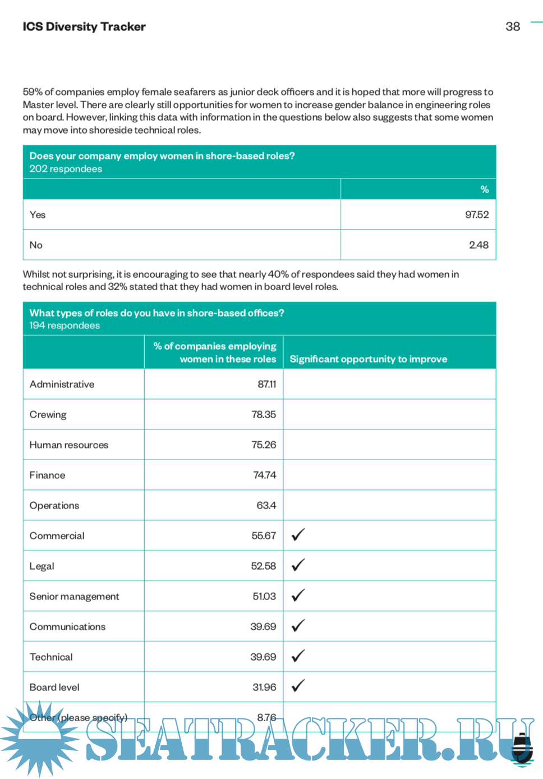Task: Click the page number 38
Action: click(513, 26)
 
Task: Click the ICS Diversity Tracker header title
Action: click(84, 26)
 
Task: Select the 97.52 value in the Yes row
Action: click(477, 214)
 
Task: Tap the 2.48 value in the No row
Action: click(478, 245)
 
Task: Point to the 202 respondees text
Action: click(66, 169)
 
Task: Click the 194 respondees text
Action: click(65, 326)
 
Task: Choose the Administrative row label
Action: click(62, 384)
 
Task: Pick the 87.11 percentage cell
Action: click(266, 384)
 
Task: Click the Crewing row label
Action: click(48, 415)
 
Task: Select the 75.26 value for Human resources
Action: click(264, 445)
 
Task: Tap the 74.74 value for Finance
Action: click(264, 475)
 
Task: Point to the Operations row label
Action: click(54, 506)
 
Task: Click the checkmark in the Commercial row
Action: click(298, 535)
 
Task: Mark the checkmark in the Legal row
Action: click(298, 565)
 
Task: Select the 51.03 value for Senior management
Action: click(264, 597)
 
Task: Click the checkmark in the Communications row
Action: click(298, 626)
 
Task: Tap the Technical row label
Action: click(51, 657)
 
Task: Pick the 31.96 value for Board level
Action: click(264, 688)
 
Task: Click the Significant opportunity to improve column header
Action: click(368, 359)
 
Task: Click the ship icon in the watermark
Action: click(523, 749)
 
